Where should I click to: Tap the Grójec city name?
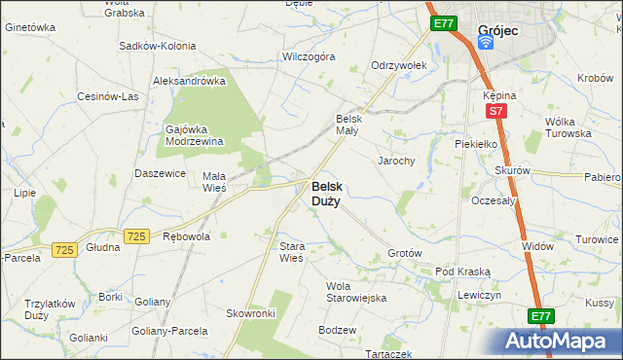[x=498, y=30]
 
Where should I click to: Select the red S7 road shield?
[x=495, y=111]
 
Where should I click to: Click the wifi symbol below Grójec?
[x=487, y=45]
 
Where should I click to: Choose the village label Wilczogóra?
[x=308, y=56]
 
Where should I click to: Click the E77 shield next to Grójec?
[x=443, y=22]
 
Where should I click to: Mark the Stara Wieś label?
[x=292, y=252]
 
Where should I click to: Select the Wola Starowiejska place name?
[x=356, y=292]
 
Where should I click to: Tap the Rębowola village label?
[x=187, y=235]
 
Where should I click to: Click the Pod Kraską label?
[x=463, y=271]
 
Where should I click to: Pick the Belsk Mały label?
[x=348, y=124]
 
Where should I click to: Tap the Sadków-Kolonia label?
[x=157, y=46]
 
